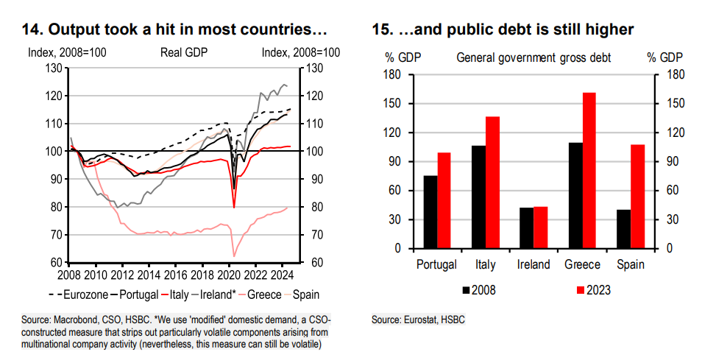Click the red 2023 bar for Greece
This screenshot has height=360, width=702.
click(589, 170)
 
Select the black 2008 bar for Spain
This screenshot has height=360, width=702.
click(624, 229)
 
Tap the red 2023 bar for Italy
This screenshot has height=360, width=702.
click(492, 183)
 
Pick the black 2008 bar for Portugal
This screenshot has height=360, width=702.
click(430, 212)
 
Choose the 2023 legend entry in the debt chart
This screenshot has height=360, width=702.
click(589, 289)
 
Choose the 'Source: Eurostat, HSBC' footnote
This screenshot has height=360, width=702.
click(419, 320)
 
